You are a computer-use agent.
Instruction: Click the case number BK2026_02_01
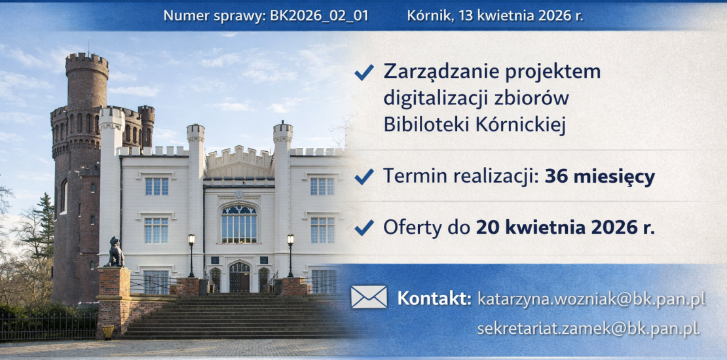[x=319, y=16]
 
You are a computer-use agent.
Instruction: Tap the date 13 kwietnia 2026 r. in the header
[x=521, y=16]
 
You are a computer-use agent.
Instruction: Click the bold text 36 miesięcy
[x=600, y=177]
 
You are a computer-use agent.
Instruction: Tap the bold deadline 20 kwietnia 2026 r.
[x=565, y=228]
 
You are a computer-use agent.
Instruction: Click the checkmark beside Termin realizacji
[x=364, y=177]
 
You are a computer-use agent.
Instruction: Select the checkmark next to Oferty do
[x=364, y=228]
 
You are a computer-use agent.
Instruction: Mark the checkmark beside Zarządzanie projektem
[x=364, y=72]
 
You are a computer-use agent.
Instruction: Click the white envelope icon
[x=369, y=297]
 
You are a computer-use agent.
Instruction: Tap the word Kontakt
[x=434, y=298]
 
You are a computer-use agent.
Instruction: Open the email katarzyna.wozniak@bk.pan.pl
[x=591, y=299]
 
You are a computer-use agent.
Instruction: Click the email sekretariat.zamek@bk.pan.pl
[x=588, y=329]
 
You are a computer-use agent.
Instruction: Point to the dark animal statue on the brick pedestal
[x=115, y=252]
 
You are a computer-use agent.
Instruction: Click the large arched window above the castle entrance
[x=239, y=225]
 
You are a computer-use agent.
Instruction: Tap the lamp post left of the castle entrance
[x=191, y=255]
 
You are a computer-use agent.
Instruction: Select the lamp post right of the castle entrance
[x=290, y=255]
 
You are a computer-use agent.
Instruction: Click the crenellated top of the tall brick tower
[x=86, y=64]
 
